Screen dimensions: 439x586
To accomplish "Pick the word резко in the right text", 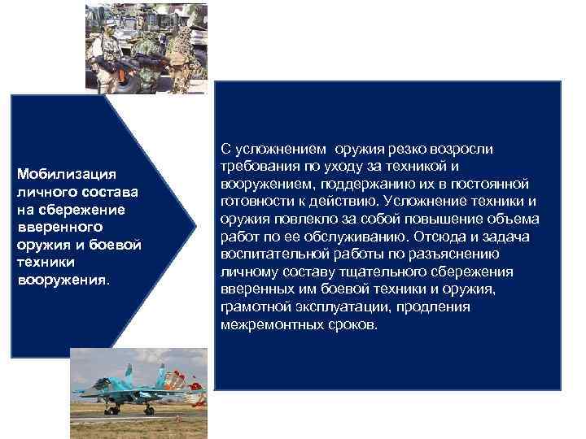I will click(x=418, y=149).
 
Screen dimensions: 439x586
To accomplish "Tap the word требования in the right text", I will click(x=258, y=167).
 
